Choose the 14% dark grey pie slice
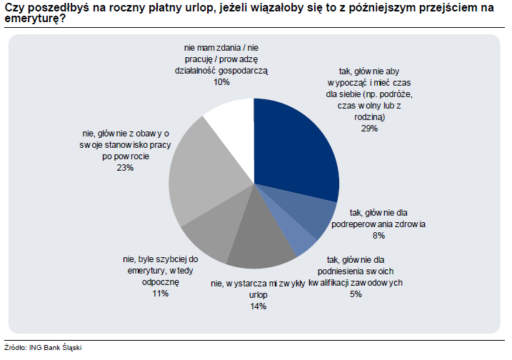(261, 243)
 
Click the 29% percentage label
(369, 129)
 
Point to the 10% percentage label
(221, 82)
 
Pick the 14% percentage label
(258, 306)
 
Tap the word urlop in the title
(189, 7)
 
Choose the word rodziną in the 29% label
(370, 116)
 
